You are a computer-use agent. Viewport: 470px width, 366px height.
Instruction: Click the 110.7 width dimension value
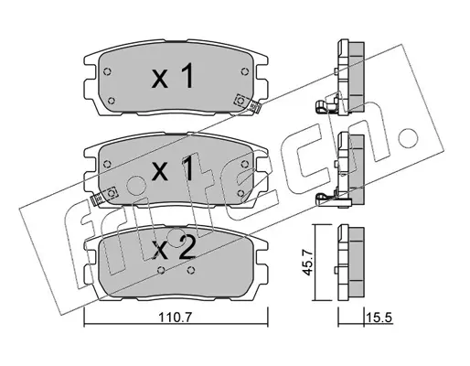175,318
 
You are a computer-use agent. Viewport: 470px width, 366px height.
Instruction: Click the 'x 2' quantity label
174,249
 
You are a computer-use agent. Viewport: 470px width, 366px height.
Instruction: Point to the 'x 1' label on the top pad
172,76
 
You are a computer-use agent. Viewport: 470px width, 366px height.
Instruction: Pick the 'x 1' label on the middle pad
172,167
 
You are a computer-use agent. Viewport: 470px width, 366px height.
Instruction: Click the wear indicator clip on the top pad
248,103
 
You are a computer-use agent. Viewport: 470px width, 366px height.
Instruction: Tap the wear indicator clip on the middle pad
104,196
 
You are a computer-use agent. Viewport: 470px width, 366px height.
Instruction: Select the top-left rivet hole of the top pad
107,72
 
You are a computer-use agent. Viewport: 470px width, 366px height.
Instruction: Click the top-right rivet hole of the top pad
244,72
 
